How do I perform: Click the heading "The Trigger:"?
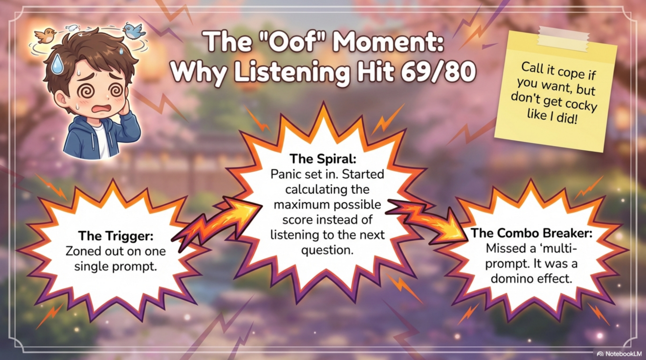(x=116, y=236)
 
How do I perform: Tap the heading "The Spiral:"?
(x=323, y=159)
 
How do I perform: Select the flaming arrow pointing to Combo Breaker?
(x=427, y=220)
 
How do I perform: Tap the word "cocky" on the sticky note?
(x=581, y=104)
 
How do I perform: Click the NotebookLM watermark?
(x=619, y=354)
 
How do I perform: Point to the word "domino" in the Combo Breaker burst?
(x=512, y=279)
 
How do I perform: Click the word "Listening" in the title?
(x=292, y=72)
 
